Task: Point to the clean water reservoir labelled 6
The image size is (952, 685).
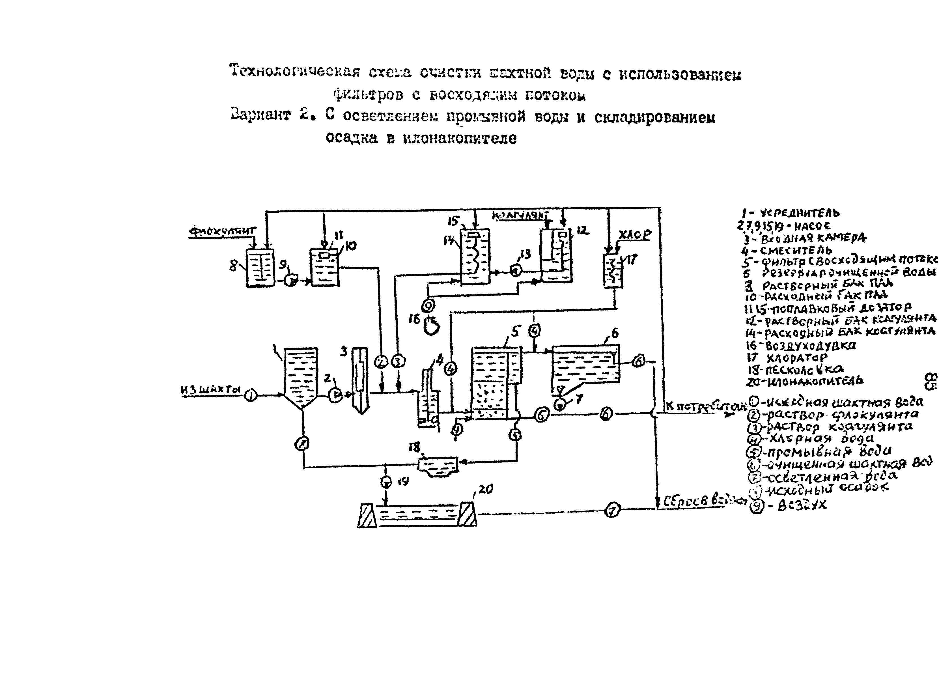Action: pyautogui.click(x=585, y=363)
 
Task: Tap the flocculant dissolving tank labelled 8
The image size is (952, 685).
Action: pyautogui.click(x=260, y=267)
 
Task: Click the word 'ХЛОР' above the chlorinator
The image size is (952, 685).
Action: pyautogui.click(x=635, y=235)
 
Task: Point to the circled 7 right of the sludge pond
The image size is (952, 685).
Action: pyautogui.click(x=612, y=511)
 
